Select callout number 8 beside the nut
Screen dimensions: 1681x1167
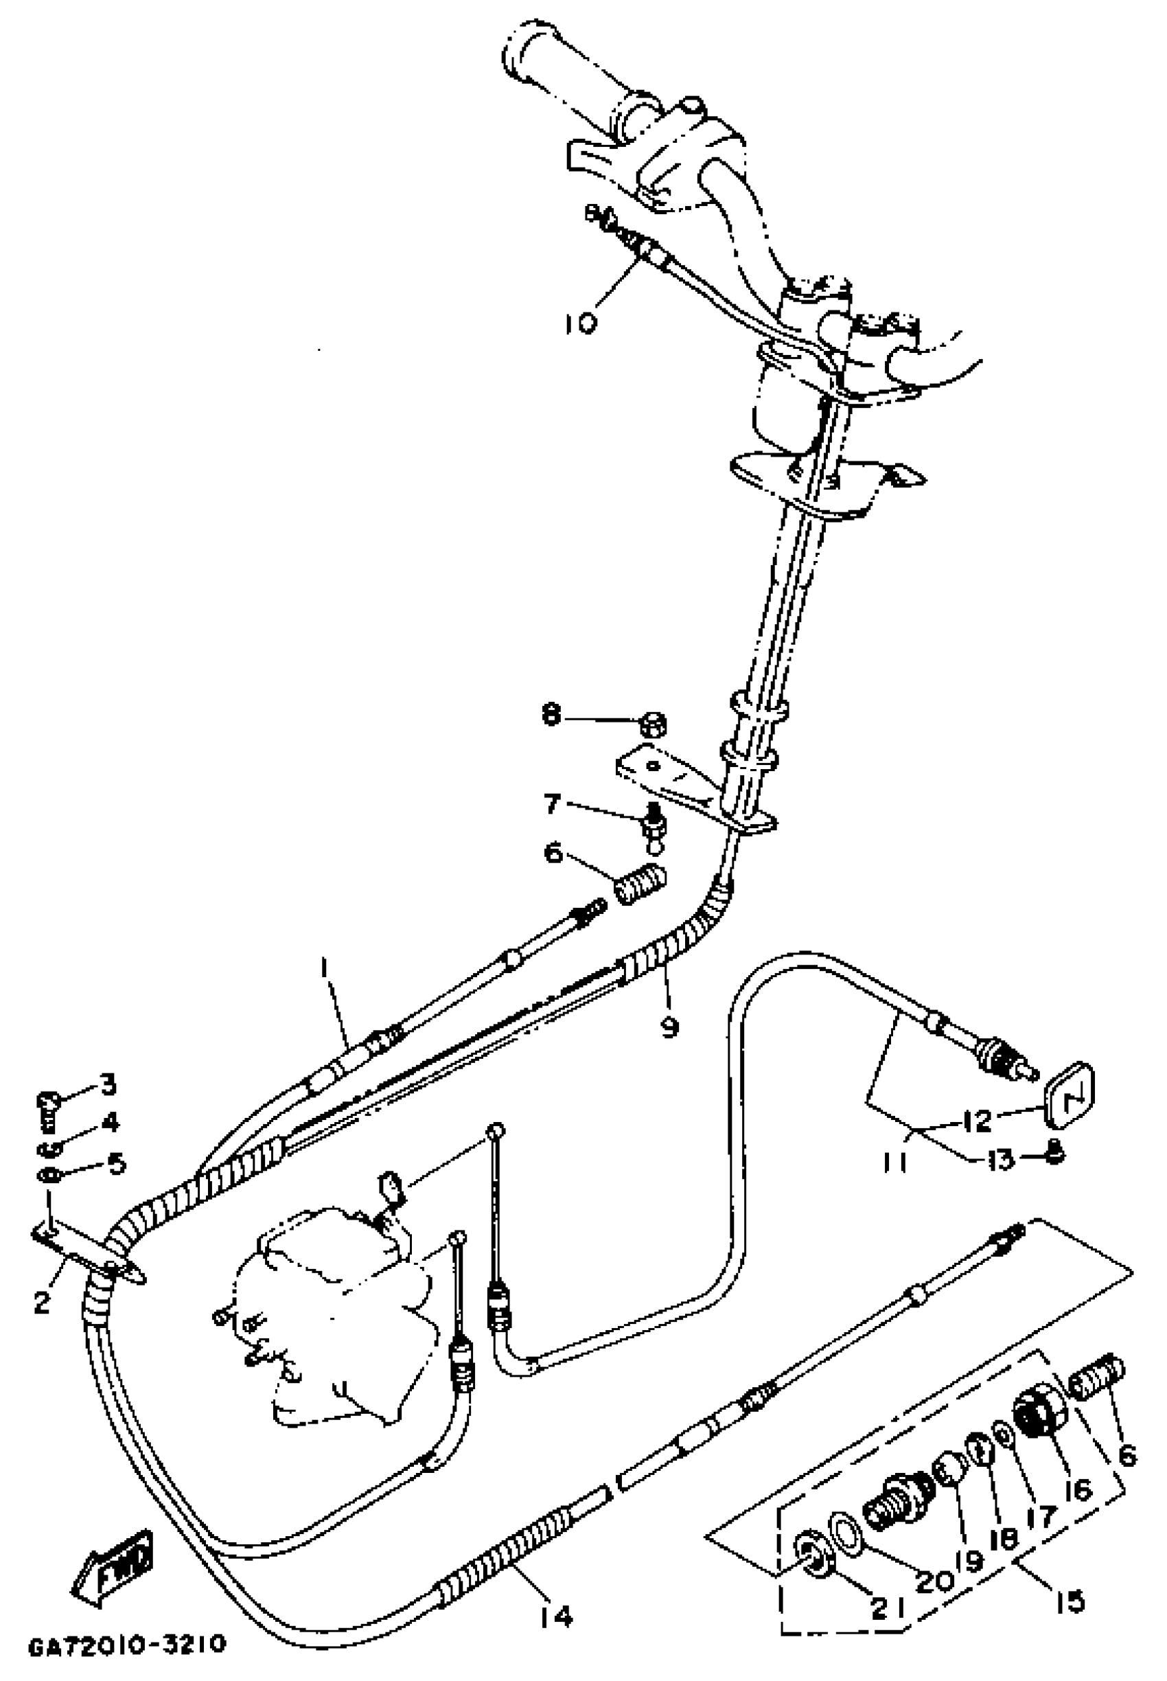coord(552,715)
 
